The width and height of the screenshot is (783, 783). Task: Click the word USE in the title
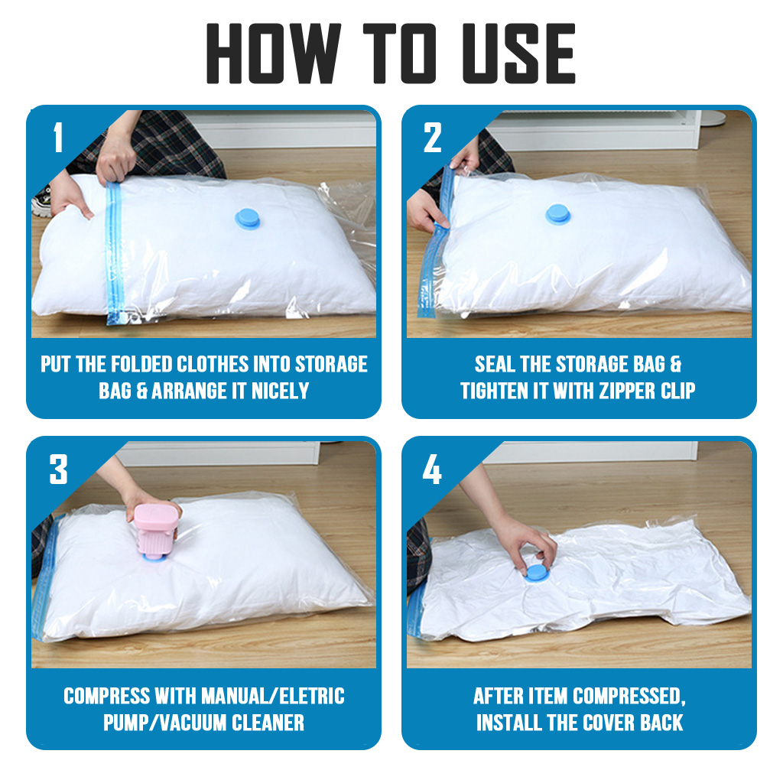pyautogui.click(x=519, y=53)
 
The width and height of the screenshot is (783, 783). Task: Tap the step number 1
pyautogui.click(x=58, y=137)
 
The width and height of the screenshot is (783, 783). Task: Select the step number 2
pyautogui.click(x=433, y=138)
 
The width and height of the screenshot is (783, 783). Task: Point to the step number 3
pyautogui.click(x=58, y=469)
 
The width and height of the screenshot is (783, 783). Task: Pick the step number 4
pyautogui.click(x=432, y=469)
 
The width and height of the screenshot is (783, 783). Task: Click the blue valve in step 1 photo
pyautogui.click(x=248, y=219)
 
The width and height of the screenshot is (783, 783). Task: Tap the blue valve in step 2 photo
pyautogui.click(x=557, y=214)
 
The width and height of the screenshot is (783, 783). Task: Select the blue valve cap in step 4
pyautogui.click(x=537, y=573)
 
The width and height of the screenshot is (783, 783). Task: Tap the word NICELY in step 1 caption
pyautogui.click(x=280, y=391)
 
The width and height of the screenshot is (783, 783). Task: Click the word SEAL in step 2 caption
pyautogui.click(x=495, y=365)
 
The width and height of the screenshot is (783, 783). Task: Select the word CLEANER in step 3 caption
pyautogui.click(x=268, y=723)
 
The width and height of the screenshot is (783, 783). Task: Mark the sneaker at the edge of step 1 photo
pyautogui.click(x=41, y=202)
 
